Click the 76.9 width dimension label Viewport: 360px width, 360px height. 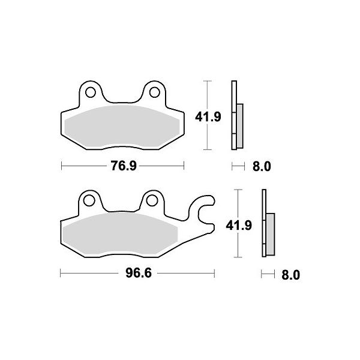point(124,166)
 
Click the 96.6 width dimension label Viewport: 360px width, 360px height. point(139,273)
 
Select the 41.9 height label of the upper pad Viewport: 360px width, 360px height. point(208,117)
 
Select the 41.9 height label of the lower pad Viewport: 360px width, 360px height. point(239,225)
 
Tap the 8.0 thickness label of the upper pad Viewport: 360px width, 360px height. point(262,166)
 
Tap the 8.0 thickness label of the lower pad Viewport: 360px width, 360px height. point(290,275)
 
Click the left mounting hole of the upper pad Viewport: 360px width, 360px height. point(90,92)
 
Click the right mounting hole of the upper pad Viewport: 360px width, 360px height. point(155,92)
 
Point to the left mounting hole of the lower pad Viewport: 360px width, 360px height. point(89,200)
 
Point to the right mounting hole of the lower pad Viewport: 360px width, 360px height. point(152,200)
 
